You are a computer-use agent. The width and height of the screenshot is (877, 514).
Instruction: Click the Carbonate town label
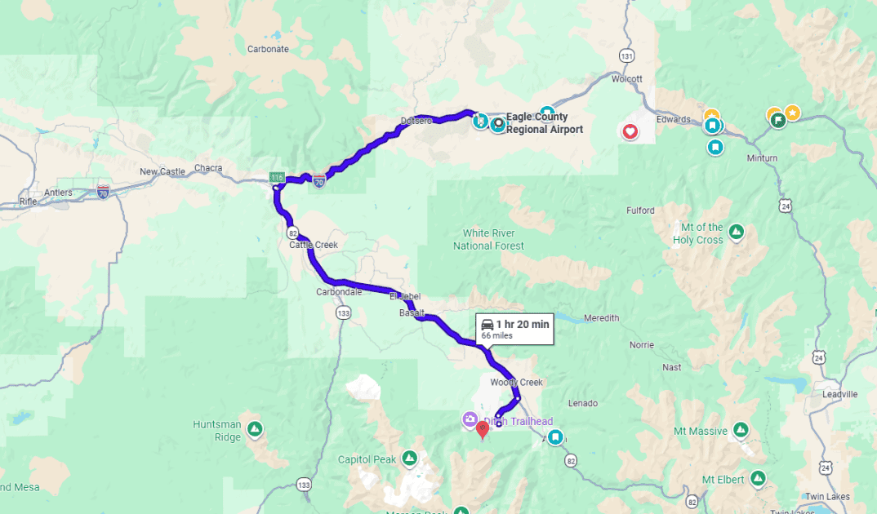coord(268,49)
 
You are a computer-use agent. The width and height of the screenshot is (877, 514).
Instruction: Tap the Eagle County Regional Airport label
coord(545,123)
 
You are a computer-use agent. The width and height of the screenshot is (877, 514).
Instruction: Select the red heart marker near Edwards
coord(630,131)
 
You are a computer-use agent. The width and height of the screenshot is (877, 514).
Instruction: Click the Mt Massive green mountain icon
coord(741,429)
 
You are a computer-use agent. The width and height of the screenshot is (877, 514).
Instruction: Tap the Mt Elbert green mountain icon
coord(758,478)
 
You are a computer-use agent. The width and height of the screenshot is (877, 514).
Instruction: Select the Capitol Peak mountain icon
coord(410,459)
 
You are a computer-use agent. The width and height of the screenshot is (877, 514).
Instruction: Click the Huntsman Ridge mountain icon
coord(255,428)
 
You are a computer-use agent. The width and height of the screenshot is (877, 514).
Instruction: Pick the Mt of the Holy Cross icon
coord(737,233)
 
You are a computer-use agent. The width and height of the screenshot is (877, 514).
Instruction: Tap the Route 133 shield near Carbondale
coord(343,312)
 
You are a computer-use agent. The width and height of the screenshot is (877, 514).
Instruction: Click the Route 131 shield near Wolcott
coord(626,55)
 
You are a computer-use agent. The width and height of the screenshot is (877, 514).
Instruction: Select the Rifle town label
coord(29,201)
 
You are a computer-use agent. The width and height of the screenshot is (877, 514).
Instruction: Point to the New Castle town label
coord(162,171)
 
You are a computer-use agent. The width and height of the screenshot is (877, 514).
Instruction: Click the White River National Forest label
coord(488,239)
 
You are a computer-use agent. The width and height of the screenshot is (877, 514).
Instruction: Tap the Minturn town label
coord(762,158)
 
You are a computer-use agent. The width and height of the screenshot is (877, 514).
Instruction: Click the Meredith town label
coord(602,318)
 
